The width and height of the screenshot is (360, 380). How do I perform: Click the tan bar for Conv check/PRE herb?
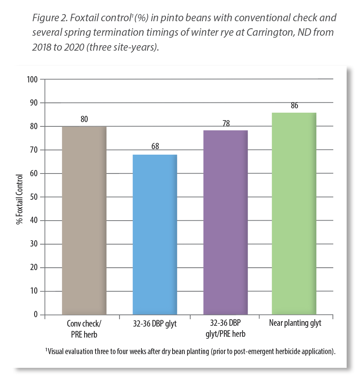(84, 220)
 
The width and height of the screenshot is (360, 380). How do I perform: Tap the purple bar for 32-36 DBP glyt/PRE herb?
(225, 222)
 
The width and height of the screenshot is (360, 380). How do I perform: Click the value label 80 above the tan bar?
(84, 119)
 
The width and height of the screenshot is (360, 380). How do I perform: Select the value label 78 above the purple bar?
(225, 123)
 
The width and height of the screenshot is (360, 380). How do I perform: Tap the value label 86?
(294, 106)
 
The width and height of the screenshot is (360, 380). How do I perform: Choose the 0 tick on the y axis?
(36, 314)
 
